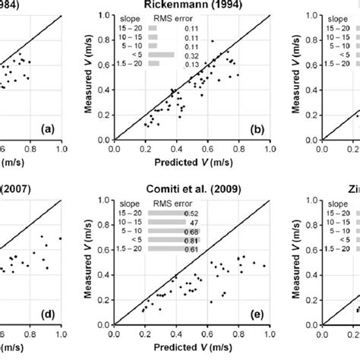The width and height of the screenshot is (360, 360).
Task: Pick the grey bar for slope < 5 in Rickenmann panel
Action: pos(160,55)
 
